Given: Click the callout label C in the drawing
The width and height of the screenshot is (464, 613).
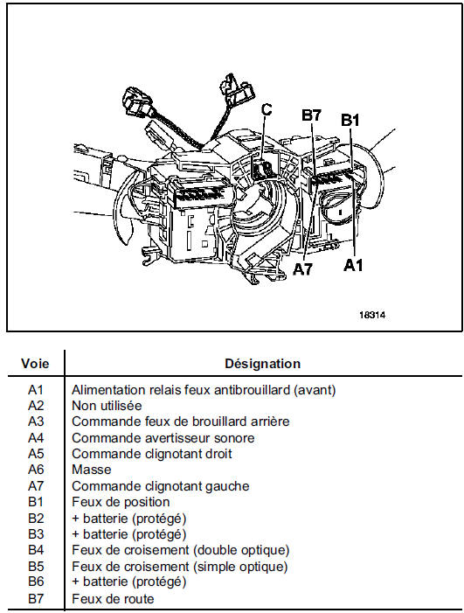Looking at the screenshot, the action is coord(266,109).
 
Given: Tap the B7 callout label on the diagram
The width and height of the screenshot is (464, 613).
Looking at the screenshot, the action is coord(311,115).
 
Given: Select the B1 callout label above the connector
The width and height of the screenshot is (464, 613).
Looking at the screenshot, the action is coord(350,121).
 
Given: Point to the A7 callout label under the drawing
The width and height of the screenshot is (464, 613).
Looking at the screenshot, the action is coord(302,268).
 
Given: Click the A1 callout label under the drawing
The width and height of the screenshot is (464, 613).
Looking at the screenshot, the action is coord(353,266).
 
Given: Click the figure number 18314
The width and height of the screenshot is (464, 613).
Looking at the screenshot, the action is coord(372,315).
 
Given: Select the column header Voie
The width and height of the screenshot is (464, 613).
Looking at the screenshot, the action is coord(35,364).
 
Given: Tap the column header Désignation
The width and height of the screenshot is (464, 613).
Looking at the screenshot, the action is coord(262,364).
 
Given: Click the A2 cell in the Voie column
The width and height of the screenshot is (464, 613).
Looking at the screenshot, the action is coord(36,406).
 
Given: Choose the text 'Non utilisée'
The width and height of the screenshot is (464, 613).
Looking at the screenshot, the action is coord(107,406).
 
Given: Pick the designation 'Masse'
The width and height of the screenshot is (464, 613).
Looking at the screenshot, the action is coord(92,470).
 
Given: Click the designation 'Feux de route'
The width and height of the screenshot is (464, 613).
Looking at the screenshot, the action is coord(113,598).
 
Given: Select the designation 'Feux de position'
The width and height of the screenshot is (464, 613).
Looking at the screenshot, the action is coord(121,502).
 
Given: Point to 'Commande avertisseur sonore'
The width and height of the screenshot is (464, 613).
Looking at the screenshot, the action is coord(163,438).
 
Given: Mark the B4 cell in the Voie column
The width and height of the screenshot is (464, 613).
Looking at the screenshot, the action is coord(36,550).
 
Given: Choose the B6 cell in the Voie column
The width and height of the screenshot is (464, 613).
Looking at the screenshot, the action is coord(36,582).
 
